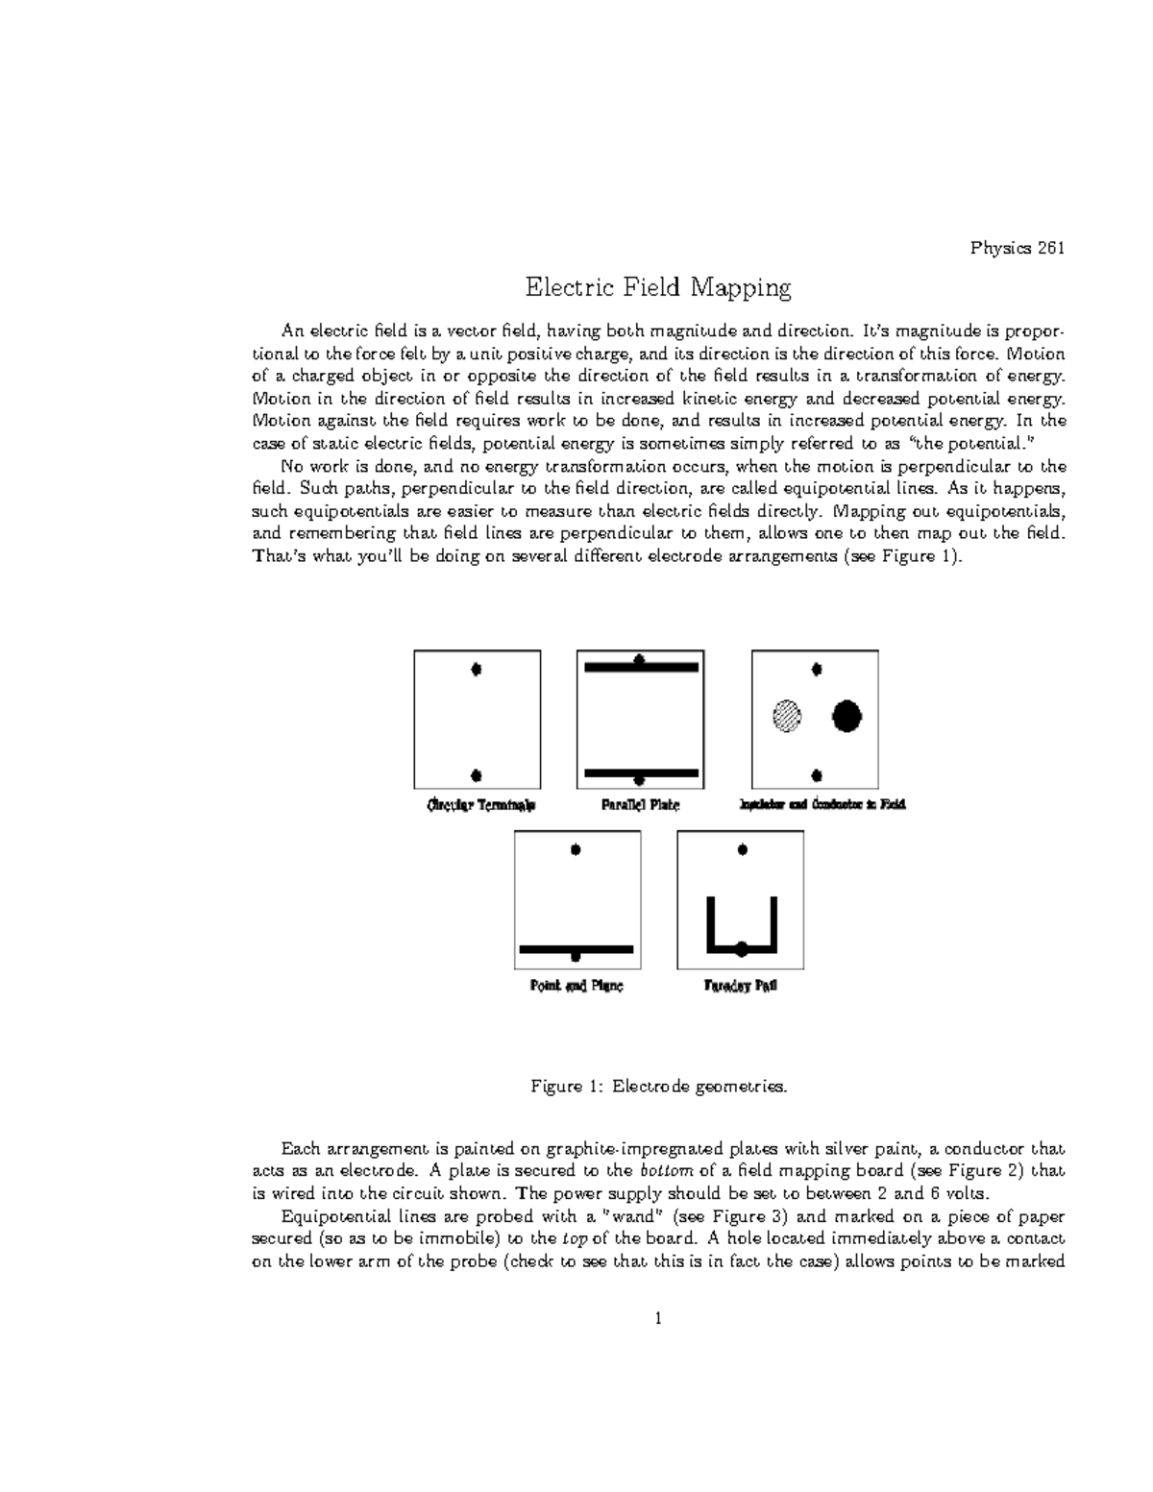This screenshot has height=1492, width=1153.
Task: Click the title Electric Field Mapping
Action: point(657,287)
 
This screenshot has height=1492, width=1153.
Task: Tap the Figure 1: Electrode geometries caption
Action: point(658,1088)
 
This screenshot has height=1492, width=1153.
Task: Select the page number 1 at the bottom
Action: point(658,1318)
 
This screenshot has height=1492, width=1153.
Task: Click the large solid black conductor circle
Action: point(846,716)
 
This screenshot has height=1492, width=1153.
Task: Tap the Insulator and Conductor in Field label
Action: point(822,805)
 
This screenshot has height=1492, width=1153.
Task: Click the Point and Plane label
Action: point(576,987)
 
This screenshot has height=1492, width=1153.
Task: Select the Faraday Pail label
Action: point(741,987)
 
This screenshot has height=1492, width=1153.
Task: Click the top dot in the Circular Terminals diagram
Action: point(477,670)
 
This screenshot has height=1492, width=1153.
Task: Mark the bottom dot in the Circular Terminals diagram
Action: point(477,775)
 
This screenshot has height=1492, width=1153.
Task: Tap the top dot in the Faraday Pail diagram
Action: point(742,849)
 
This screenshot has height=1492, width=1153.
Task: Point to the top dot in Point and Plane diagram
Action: point(576,849)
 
